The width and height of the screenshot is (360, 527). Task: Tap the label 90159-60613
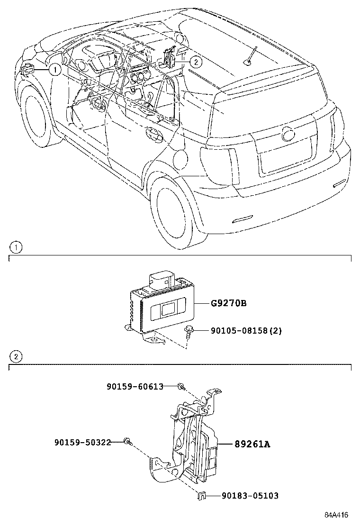pyautogui.click(x=135, y=387)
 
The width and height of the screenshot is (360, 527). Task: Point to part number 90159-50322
pyautogui.click(x=82, y=442)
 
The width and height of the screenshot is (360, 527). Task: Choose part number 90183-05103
pyautogui.click(x=250, y=496)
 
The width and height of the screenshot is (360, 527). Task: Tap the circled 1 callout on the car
pyautogui.click(x=55, y=70)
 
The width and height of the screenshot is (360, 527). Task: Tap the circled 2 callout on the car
pyautogui.click(x=197, y=61)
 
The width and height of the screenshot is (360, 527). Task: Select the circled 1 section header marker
pyautogui.click(x=16, y=247)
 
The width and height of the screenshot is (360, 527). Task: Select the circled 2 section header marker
pyautogui.click(x=16, y=356)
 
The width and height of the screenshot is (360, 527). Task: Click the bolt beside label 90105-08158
pyautogui.click(x=189, y=332)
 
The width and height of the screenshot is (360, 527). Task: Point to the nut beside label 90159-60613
pyautogui.click(x=180, y=387)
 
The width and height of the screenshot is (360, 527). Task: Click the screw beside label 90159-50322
pyautogui.click(x=126, y=442)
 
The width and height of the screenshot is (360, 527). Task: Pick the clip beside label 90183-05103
pyautogui.click(x=201, y=496)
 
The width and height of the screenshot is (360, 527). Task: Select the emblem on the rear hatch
pyautogui.click(x=288, y=134)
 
